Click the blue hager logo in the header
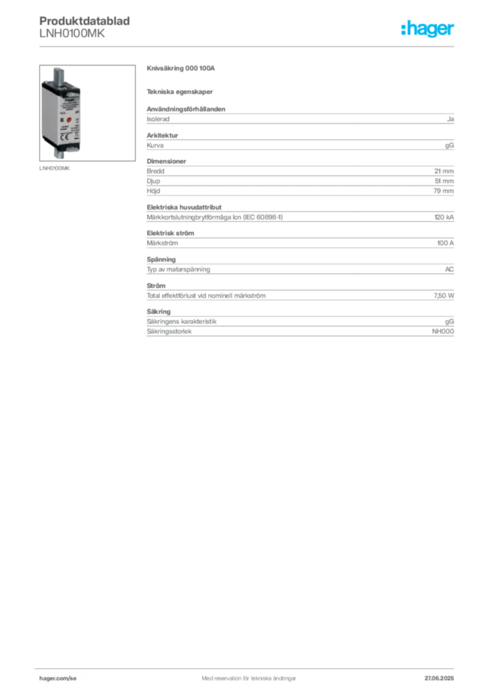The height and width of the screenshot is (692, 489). tap(429, 30)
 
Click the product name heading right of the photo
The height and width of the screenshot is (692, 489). tap(180, 68)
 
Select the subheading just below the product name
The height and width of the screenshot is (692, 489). tap(180, 91)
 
